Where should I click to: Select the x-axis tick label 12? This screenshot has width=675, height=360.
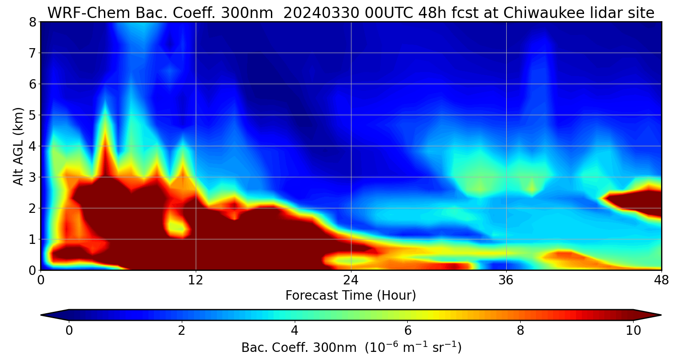pyautogui.click(x=196, y=280)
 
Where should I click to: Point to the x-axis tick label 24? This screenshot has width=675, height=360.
pyautogui.click(x=351, y=280)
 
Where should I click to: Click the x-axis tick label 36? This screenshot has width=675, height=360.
pyautogui.click(x=506, y=280)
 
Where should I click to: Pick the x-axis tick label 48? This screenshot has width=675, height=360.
pyautogui.click(x=661, y=280)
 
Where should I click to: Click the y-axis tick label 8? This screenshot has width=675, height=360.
pyautogui.click(x=32, y=22)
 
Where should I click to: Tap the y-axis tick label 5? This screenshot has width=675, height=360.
pyautogui.click(x=32, y=115)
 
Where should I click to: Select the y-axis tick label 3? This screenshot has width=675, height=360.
pyautogui.click(x=32, y=177)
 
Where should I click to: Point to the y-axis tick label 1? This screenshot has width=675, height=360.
pyautogui.click(x=32, y=239)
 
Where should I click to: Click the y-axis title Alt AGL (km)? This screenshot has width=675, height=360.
pyautogui.click(x=18, y=146)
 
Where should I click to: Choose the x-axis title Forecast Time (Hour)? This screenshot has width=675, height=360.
pyautogui.click(x=351, y=296)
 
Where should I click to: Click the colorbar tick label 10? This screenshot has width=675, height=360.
pyautogui.click(x=633, y=331)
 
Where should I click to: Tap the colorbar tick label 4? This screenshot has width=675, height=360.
pyautogui.click(x=295, y=331)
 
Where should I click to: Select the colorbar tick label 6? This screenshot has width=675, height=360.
pyautogui.click(x=408, y=331)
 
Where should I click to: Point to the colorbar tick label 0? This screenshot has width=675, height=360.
pyautogui.click(x=69, y=331)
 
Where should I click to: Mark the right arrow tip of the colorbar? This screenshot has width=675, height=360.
pyautogui.click(x=660, y=315)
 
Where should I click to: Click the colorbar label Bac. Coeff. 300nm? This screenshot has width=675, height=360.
pyautogui.click(x=300, y=348)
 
